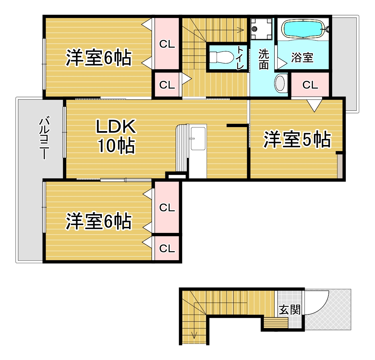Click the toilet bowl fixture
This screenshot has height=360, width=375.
[221, 57]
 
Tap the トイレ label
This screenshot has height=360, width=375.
[240, 58]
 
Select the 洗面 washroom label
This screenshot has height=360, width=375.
[264, 59]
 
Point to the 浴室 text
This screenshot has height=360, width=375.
[302, 58]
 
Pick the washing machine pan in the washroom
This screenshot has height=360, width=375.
[262, 29]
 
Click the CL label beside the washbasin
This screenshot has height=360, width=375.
[310, 85]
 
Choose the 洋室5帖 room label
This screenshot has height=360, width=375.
[297, 140]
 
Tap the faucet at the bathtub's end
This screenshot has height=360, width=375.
[326, 29]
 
